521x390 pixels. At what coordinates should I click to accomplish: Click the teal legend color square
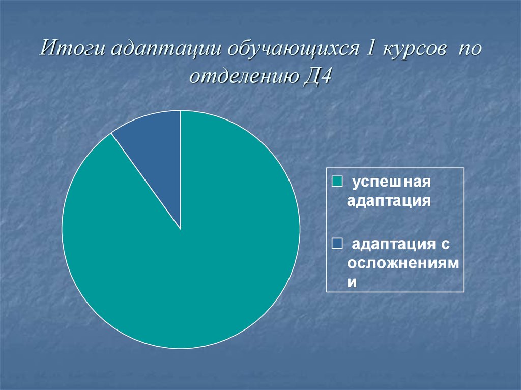click(337, 182)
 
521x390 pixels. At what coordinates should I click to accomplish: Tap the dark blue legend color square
click(337, 244)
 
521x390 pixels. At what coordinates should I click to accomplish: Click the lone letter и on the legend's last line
click(352, 282)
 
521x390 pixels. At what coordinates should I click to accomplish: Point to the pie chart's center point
click(181, 229)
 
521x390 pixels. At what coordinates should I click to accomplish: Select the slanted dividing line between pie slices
click(146, 182)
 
